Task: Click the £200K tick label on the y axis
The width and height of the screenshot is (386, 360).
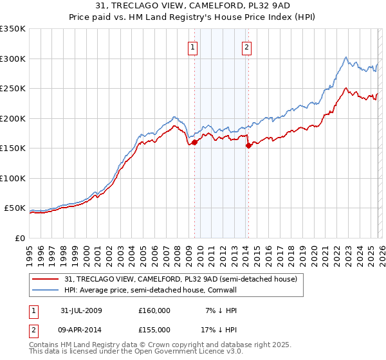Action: [x=13, y=118]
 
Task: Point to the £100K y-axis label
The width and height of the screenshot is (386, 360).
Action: [x=13, y=178]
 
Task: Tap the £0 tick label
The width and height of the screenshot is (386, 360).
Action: [x=19, y=238]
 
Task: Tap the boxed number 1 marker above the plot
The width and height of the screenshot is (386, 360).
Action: [x=194, y=46]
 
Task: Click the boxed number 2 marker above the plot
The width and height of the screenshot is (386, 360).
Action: [x=247, y=46]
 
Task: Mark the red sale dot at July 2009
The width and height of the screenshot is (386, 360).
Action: [x=194, y=143]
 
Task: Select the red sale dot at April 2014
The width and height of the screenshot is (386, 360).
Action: [x=248, y=146]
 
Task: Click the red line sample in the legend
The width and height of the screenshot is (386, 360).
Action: [x=46, y=280]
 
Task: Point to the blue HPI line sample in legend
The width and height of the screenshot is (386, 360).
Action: [x=46, y=290]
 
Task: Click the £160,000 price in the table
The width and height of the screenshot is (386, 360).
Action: [x=154, y=310]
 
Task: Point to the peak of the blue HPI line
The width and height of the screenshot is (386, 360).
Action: [x=346, y=57]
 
